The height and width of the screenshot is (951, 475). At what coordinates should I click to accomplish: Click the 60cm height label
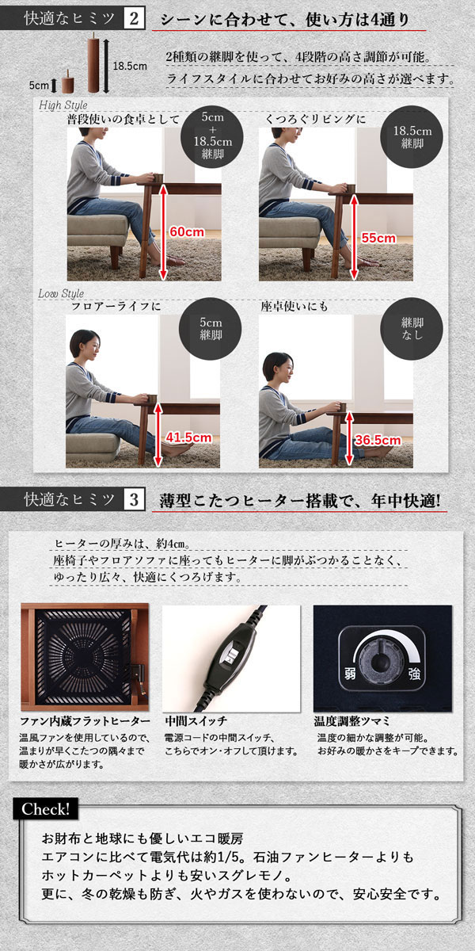point(187,232)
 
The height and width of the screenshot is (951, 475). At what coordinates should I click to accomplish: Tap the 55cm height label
point(378,239)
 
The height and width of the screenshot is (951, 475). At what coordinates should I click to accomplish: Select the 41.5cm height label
point(188,437)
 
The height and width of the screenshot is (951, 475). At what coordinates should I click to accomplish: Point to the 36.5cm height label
point(378,441)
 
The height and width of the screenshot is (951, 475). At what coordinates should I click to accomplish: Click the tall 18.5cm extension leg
point(93,63)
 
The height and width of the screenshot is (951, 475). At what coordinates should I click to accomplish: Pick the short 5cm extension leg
point(68,82)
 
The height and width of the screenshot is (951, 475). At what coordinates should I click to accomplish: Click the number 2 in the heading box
point(134,19)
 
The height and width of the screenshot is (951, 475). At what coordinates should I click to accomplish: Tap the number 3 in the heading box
point(134,500)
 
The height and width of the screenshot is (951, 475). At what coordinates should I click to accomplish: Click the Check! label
point(45,809)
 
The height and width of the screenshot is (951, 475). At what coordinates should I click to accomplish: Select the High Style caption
point(63,105)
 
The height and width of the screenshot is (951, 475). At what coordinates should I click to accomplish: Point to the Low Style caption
point(61,293)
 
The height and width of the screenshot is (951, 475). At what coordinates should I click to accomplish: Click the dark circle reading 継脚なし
point(412,329)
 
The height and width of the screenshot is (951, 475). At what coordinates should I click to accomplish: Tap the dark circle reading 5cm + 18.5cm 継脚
point(212,136)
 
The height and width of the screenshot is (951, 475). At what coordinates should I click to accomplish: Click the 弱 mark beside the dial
point(349,674)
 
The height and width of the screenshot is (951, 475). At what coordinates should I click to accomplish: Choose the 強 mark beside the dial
point(414,674)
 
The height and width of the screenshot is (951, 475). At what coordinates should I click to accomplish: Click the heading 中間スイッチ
point(196,721)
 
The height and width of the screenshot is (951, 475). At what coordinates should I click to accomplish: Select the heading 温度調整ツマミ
point(351,721)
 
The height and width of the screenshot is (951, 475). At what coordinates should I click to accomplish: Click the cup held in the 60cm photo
point(158,178)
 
